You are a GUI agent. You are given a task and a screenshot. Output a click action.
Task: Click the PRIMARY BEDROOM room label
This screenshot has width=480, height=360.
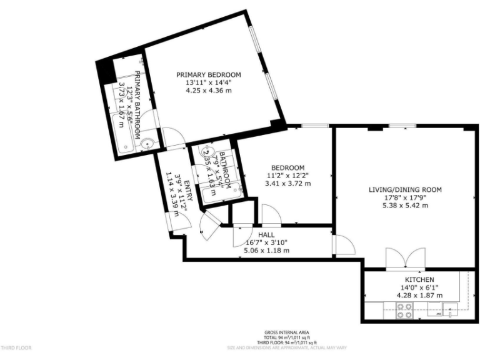208,74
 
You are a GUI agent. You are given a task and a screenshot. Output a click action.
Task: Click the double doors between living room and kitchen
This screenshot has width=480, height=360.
406,257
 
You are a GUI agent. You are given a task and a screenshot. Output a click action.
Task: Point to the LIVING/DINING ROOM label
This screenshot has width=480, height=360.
405,189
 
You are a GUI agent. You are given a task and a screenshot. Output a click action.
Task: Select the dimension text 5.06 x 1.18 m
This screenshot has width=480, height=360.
266,251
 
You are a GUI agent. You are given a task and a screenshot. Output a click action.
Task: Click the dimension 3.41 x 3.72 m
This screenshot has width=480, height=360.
288,184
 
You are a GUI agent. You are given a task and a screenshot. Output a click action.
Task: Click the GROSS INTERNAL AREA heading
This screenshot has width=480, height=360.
287,332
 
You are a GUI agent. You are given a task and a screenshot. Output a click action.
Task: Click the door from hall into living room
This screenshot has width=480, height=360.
342,245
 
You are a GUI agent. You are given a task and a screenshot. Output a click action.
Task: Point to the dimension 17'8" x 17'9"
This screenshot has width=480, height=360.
405,197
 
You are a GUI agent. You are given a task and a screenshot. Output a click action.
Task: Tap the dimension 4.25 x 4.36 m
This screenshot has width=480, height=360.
208,91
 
